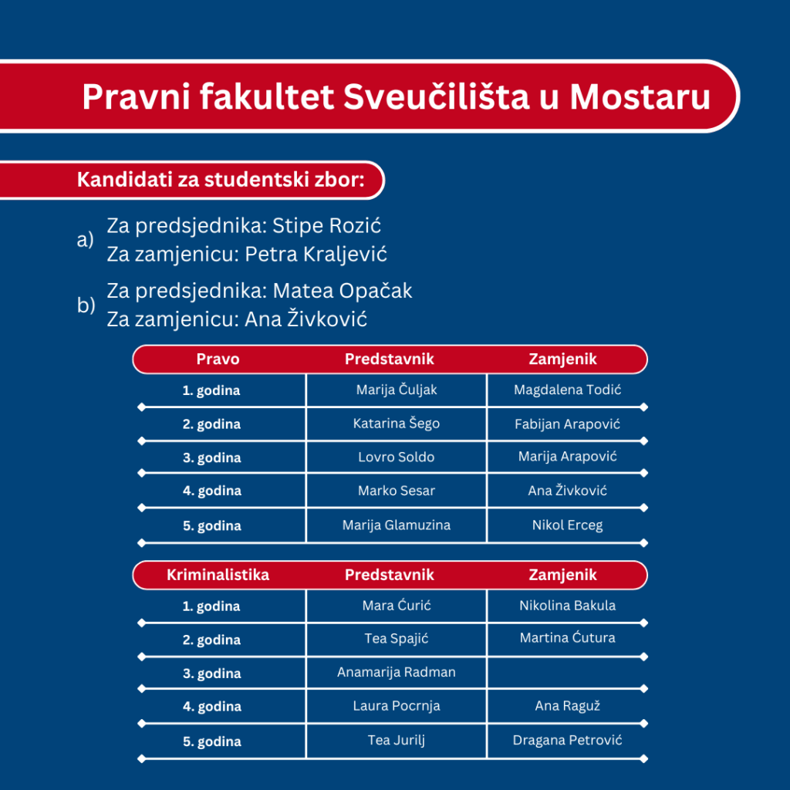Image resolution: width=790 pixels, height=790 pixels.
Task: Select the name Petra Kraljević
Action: click(x=316, y=254)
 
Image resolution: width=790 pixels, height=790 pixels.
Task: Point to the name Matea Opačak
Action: click(x=343, y=291)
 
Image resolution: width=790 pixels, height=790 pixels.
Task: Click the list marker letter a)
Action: click(x=85, y=240)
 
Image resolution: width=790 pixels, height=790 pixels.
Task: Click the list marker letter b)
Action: click(x=86, y=305)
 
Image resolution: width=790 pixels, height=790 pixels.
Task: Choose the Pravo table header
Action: click(x=218, y=359)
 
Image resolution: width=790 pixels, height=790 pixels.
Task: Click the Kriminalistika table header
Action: click(x=218, y=575)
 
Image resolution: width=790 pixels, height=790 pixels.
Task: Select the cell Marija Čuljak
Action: click(x=397, y=390)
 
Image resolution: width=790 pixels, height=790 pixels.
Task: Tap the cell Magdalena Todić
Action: click(x=567, y=390)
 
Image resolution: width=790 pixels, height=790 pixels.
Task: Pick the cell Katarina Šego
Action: click(x=397, y=424)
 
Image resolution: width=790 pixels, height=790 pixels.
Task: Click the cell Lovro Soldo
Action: click(x=397, y=457)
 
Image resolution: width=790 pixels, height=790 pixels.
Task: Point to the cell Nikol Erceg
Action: click(x=567, y=525)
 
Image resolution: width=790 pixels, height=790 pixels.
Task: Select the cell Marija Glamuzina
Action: click(x=397, y=525)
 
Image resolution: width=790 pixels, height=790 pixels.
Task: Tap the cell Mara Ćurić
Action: click(x=397, y=606)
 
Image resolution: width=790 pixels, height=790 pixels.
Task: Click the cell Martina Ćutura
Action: click(x=567, y=638)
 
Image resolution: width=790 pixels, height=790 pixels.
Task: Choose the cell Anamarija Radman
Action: click(x=397, y=672)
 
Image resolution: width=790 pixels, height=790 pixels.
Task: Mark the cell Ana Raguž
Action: click(x=567, y=706)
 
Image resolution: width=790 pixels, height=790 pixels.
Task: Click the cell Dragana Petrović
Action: click(x=567, y=741)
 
